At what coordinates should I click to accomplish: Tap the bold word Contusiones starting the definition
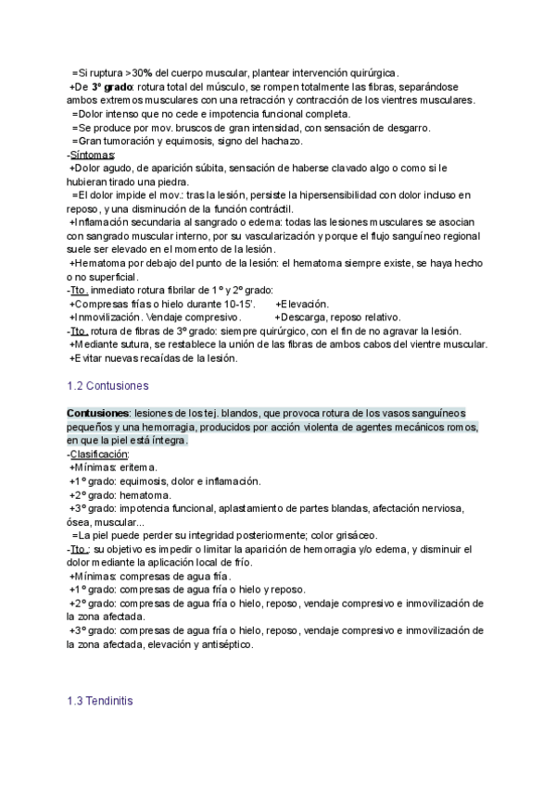(97, 413)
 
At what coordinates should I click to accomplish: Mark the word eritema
(138, 467)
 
